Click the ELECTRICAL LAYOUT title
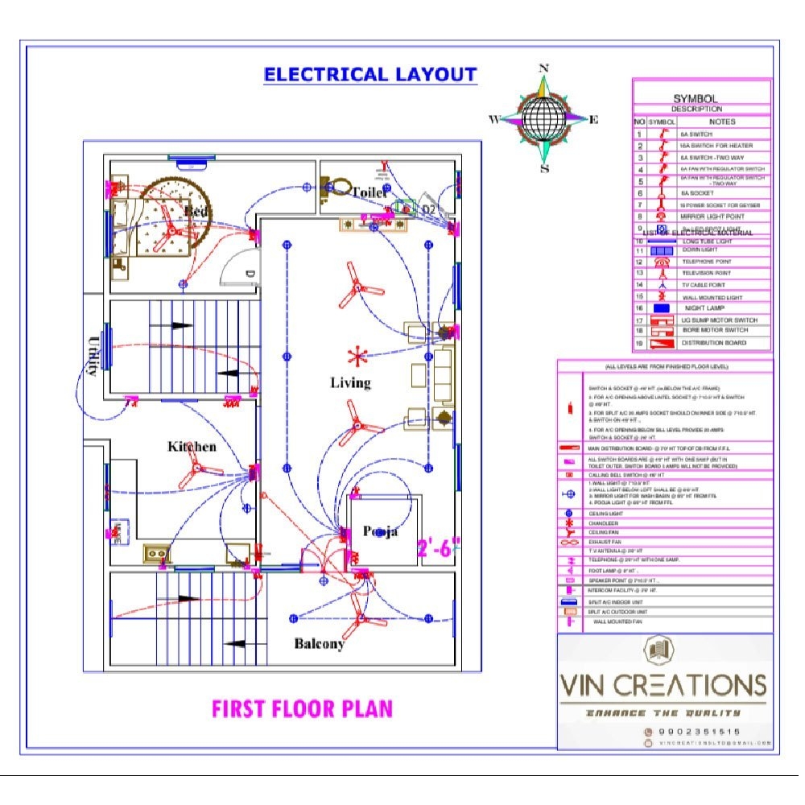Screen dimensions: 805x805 pos(370,75)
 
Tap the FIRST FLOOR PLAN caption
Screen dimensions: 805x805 pos(302,709)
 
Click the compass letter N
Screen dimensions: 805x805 pos(543,69)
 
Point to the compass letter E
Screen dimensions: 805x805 pos(594,120)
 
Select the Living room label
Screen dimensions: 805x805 pos(350,382)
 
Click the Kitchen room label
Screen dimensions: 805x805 pos(192,446)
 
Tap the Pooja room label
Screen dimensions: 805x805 pos(380,531)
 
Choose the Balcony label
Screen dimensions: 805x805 pos(319,643)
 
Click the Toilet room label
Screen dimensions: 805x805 pos(369,192)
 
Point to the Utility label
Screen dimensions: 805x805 pos(91,355)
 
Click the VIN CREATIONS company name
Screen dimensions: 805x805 pos(663,686)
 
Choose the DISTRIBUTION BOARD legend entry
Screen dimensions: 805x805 pos(714,343)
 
